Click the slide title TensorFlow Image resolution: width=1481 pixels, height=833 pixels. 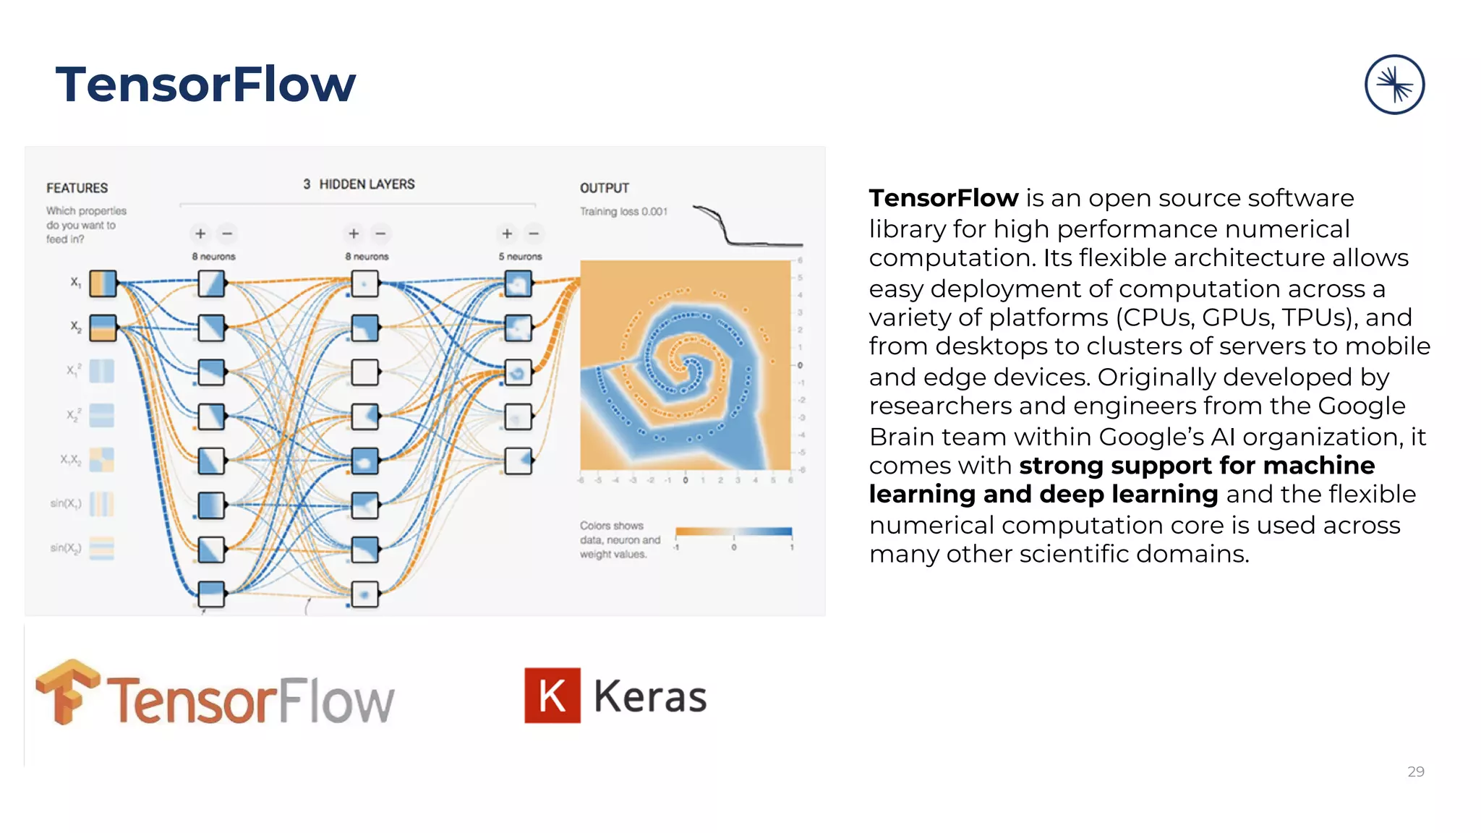tap(205, 85)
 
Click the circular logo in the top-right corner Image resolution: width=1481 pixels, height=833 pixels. tap(1394, 85)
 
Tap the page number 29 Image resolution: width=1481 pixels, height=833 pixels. tap(1415, 772)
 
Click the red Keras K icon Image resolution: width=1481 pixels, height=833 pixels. tap(552, 696)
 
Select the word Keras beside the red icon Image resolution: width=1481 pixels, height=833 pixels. tap(650, 696)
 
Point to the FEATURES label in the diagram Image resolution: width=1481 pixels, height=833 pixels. tap(77, 188)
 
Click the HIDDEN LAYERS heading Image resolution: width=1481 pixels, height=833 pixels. tap(367, 184)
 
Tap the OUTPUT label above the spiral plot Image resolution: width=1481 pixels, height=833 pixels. tap(605, 188)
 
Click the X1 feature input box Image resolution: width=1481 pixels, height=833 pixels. tap(103, 283)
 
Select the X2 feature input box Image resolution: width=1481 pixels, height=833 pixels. tap(103, 328)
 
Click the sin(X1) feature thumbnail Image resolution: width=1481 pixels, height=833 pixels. tap(101, 504)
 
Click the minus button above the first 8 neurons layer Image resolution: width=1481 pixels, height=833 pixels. tap(227, 234)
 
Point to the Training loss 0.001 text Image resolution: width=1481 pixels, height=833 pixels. tap(623, 211)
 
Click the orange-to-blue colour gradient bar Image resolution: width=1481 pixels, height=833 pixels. tap(733, 531)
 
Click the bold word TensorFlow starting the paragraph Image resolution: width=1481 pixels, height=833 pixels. tap(943, 197)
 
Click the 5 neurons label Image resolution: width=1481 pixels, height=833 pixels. tap(520, 257)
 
